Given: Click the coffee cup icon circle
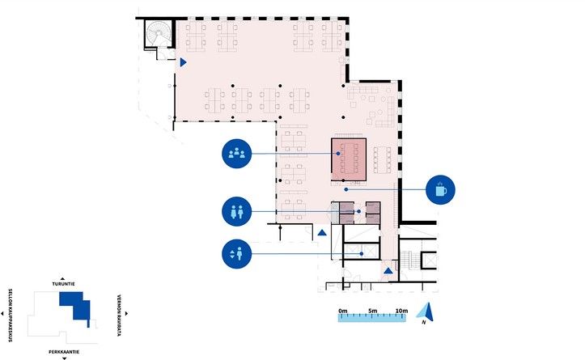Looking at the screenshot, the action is point(440,190).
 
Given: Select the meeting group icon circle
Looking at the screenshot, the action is point(236,154).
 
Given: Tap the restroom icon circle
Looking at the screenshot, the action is point(236,211).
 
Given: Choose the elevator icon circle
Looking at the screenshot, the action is point(236,254).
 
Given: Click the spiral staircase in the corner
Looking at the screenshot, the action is point(159,33).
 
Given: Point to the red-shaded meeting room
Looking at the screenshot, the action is point(349,159).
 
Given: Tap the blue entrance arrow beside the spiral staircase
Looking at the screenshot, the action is point(183,62).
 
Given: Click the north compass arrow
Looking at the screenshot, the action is point(426,312).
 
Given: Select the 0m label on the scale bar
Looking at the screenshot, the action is point(343,311).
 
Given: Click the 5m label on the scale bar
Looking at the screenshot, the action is point(373,311).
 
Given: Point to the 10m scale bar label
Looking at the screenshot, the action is point(401,311).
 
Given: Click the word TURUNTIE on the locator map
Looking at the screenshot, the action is point(63,284).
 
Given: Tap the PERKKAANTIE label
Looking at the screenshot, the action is point(64,352).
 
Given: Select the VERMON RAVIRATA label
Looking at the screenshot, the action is point(119,316).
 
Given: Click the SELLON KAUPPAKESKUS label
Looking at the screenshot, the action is point(10,316).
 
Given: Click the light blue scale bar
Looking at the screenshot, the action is point(372,317).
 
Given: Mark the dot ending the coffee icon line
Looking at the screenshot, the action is point(346,189).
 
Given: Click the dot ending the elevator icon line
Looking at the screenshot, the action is point(362,254).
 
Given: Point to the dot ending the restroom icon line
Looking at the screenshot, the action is point(359,211).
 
